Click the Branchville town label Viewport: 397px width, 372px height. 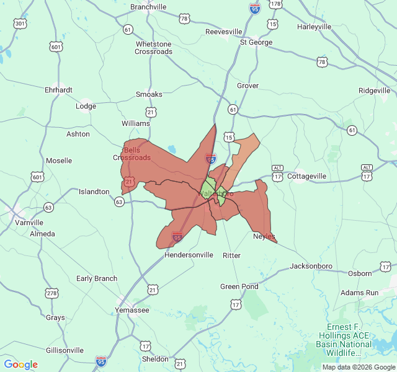pyautogui.click(x=148, y=7)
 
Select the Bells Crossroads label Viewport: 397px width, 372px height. pyautogui.click(x=132, y=154)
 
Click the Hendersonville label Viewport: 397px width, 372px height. pyautogui.click(x=189, y=255)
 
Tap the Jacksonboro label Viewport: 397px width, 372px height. pyautogui.click(x=311, y=266)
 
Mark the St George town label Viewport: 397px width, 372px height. pyautogui.click(x=256, y=42)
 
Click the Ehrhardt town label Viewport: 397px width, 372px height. pyautogui.click(x=58, y=90)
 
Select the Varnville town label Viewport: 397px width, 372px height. pyautogui.click(x=29, y=222)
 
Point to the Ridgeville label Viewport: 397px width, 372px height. pyautogui.click(x=374, y=91)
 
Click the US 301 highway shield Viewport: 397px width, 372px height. pyautogui.click(x=20, y=24)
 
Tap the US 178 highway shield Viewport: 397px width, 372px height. pyautogui.click(x=276, y=4)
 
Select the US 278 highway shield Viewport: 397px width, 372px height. pyautogui.click(x=52, y=293)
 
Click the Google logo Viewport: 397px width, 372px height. pyautogui.click(x=20, y=365)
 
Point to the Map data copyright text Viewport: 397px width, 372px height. pyautogui.click(x=358, y=367)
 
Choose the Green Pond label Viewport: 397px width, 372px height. pyautogui.click(x=239, y=286)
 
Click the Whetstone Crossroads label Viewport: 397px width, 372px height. pyautogui.click(x=154, y=48)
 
